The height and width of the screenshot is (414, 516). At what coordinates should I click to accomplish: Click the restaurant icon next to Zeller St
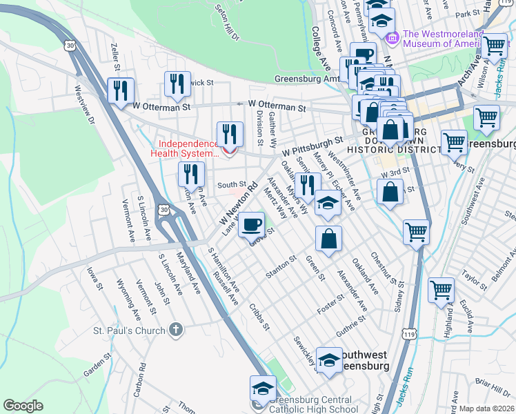click(x=121, y=90)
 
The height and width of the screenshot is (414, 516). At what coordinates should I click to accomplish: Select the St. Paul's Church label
click(x=130, y=331)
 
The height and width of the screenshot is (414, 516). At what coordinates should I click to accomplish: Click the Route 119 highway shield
click(x=409, y=335)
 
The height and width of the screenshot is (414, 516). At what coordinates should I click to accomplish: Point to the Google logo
click(x=23, y=406)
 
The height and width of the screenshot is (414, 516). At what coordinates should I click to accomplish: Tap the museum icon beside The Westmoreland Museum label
click(x=394, y=37)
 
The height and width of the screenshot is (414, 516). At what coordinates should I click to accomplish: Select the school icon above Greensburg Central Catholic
click(x=263, y=389)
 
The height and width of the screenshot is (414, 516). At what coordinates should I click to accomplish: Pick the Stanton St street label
click(x=281, y=268)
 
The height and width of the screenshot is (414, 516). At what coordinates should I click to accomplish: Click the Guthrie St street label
click(x=351, y=328)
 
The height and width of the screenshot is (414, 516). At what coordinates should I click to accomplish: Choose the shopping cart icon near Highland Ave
click(x=441, y=290)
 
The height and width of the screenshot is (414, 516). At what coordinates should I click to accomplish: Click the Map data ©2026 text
click(x=486, y=408)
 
